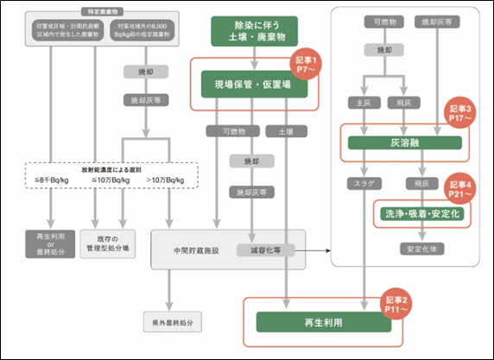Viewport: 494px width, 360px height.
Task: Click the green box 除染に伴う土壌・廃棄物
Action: (x=253, y=31)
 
